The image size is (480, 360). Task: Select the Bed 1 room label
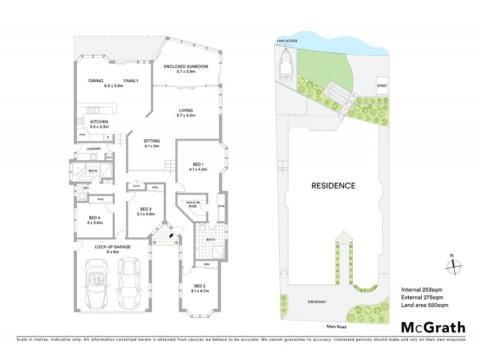(199, 166)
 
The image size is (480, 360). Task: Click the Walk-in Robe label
(193, 205)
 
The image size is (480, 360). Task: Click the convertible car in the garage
(96, 286)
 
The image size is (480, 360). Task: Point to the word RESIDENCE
(332, 185)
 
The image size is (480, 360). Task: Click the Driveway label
(316, 302)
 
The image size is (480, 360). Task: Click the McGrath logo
(433, 329)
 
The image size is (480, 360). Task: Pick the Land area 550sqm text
(424, 306)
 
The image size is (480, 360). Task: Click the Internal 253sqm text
(421, 290)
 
